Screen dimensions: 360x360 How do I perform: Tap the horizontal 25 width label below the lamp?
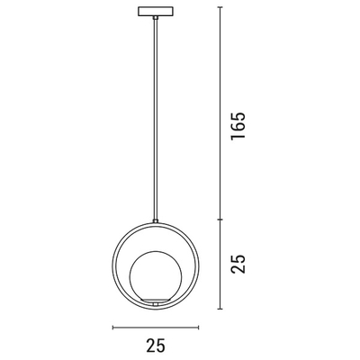(x=156, y=344)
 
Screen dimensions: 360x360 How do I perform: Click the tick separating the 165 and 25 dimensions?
(x=220, y=219)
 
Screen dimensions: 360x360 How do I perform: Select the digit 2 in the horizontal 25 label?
(x=149, y=344)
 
